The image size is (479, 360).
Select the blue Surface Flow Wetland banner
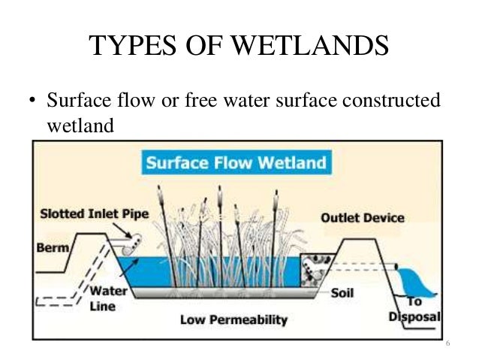coord(235,163)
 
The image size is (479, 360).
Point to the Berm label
coord(52,247)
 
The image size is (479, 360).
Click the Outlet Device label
coord(362,218)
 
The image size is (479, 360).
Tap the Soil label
coord(342,293)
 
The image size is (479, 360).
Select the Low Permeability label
coord(233,320)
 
